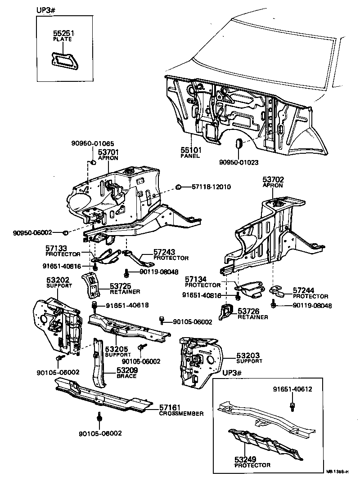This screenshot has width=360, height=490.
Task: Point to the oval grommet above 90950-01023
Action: coord(239,144)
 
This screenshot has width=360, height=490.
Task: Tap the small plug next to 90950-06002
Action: coord(65,232)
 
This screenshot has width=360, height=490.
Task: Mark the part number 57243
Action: coord(164,252)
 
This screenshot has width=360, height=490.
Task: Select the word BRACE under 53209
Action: coord(126,376)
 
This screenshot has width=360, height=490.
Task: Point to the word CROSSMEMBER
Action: coord(181,414)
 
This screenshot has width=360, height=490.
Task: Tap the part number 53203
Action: coord(249,355)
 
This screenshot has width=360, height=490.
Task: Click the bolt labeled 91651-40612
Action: coord(292,407)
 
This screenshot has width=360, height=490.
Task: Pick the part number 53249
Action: coord(246,459)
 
